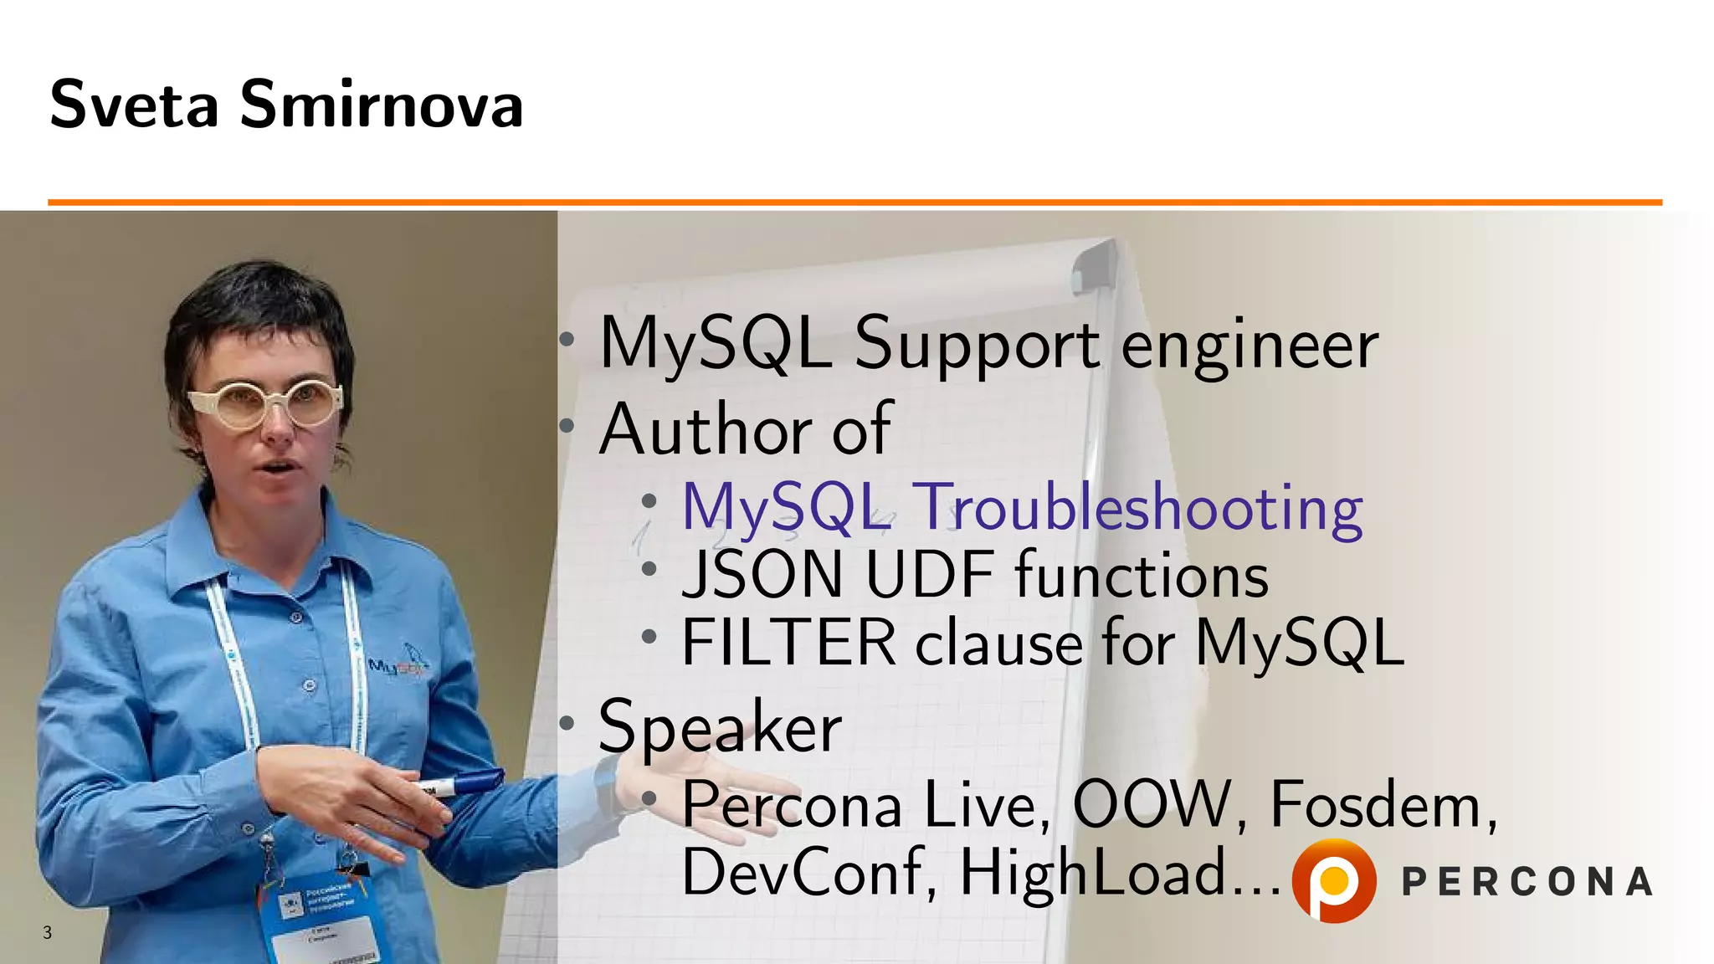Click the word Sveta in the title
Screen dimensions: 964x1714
[x=134, y=105]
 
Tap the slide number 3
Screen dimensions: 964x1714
[x=48, y=932]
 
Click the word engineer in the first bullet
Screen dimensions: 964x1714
[x=1249, y=345]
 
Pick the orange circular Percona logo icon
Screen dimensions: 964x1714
[x=1334, y=880]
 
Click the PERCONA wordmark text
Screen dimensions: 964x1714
[x=1527, y=882]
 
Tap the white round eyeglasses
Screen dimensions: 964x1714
[x=266, y=404]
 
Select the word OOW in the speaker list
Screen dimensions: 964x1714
[x=1152, y=805]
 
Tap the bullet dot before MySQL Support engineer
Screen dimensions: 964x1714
[x=567, y=340]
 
